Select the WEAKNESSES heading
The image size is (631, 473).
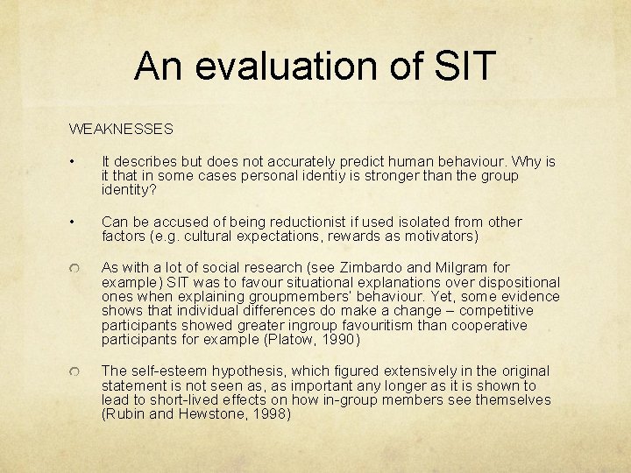(121, 129)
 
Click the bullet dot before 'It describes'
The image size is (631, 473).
(77, 163)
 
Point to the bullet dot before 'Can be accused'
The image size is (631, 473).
(77, 222)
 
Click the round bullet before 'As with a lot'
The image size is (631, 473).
(77, 269)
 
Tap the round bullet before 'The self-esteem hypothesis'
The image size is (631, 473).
(77, 373)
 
